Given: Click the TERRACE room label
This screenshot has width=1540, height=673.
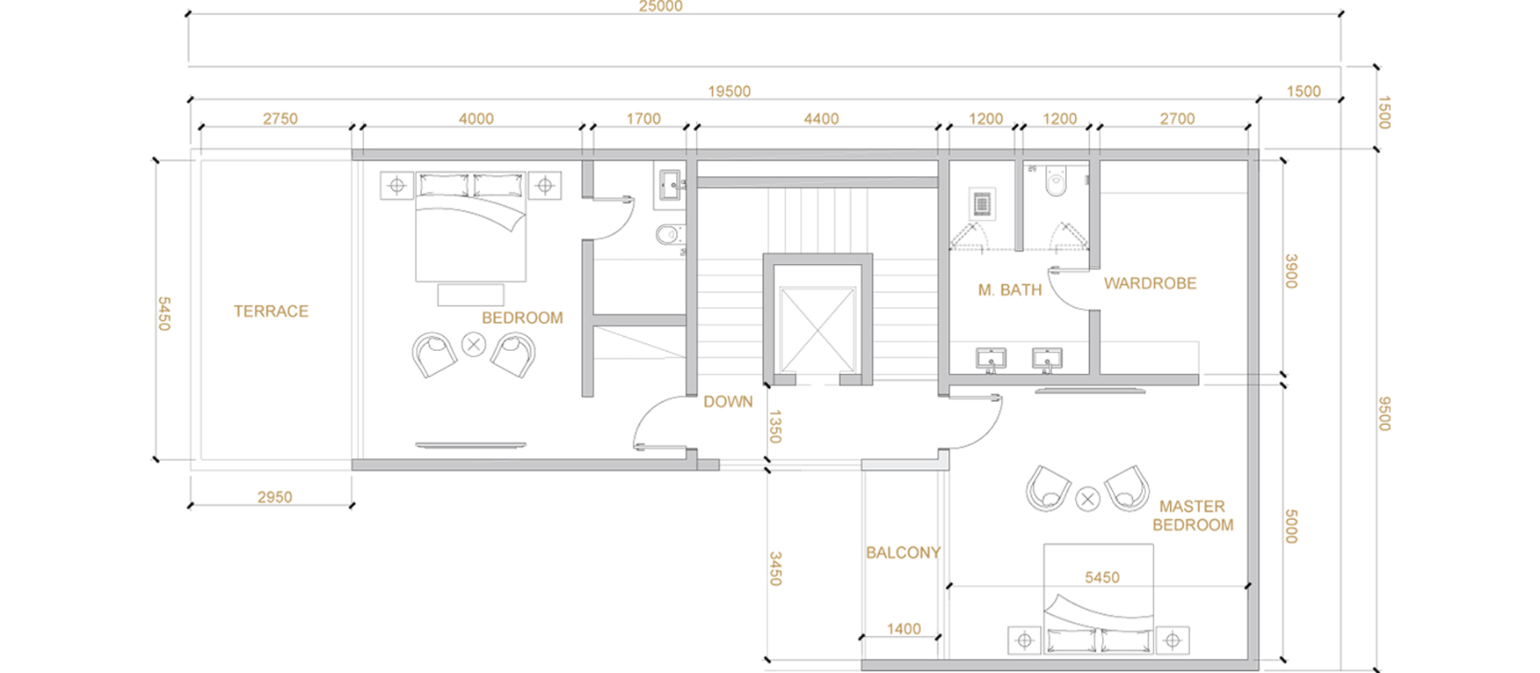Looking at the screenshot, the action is (x=271, y=311).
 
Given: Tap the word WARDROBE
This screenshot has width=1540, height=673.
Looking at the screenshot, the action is (x=1150, y=283).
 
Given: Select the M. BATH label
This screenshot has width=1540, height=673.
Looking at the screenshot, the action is (x=1010, y=289).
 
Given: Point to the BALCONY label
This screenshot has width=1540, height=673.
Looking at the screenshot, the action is (x=903, y=552).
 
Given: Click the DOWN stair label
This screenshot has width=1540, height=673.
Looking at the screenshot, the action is (x=728, y=401).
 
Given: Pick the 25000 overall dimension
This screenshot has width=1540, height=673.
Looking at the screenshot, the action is (x=661, y=7).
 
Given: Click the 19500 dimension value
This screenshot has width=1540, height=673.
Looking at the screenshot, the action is (x=730, y=91).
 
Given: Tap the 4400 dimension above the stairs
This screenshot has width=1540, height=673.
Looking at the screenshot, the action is (x=822, y=119).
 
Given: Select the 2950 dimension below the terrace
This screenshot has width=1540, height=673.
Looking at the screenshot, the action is (x=275, y=497).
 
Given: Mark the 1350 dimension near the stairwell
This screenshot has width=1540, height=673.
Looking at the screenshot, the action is (x=774, y=427).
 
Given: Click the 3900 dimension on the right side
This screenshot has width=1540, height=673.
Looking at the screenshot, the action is (x=1291, y=271).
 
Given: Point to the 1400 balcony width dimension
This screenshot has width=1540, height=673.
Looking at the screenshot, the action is (x=904, y=629).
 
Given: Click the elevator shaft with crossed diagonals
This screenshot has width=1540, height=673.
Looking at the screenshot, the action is (x=817, y=330).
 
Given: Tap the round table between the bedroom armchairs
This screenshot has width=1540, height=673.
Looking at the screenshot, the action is (x=474, y=344).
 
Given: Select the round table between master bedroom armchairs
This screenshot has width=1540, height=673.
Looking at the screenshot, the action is (x=1087, y=500).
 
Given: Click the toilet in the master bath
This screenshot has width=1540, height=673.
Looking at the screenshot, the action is (x=1056, y=182).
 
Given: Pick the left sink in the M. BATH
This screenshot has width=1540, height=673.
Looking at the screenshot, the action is (x=992, y=359).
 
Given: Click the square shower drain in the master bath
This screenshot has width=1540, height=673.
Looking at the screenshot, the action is (x=983, y=204).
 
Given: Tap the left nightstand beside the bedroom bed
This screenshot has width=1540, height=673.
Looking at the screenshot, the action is (x=396, y=186).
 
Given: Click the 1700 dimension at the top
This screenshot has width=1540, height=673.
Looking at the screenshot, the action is (x=643, y=119).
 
